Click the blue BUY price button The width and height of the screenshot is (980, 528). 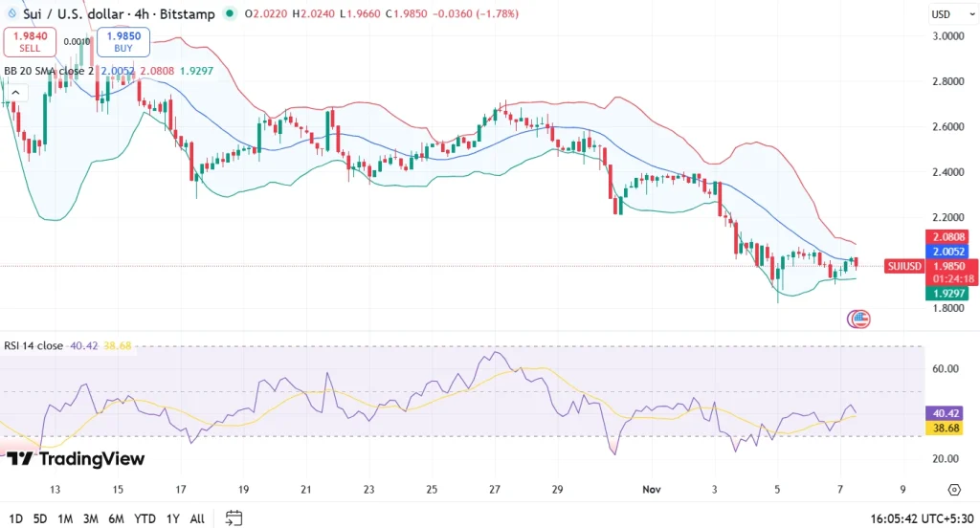(122, 41)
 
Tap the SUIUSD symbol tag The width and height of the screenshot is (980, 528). (904, 266)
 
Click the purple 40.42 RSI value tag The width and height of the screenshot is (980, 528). (946, 413)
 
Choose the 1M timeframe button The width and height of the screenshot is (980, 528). (65, 518)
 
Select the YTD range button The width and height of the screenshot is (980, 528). (145, 518)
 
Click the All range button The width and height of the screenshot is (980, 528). (197, 518)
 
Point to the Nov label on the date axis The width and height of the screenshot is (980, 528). (650, 489)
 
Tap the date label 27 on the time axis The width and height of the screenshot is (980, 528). (494, 489)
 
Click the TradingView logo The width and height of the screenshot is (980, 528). (76, 459)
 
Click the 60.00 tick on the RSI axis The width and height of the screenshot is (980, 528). (946, 368)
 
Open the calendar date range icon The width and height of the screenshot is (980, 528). (234, 518)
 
